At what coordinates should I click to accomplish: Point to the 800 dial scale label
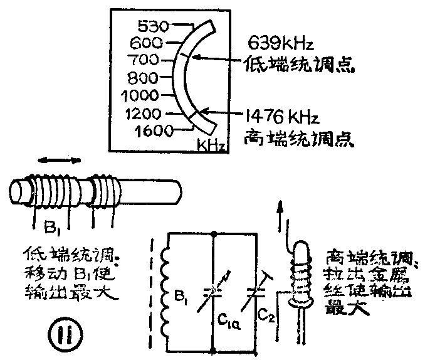pos(142,78)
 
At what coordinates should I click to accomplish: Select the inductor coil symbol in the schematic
pos(166,294)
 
